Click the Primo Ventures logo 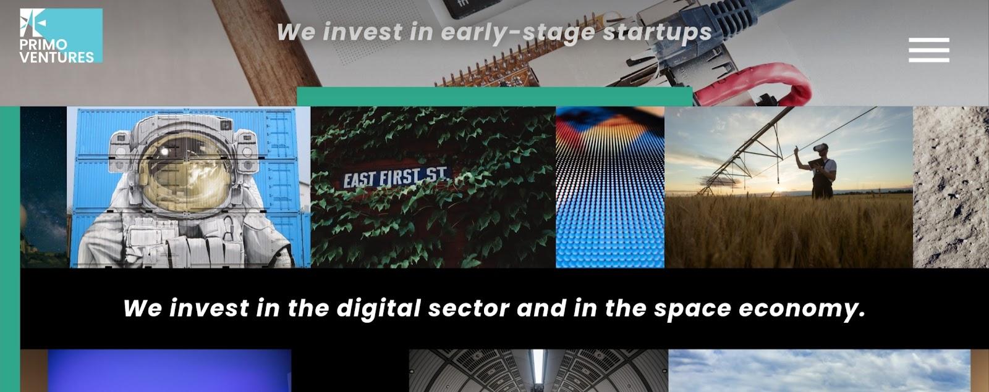[x=61, y=36]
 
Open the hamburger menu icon [x=929, y=50]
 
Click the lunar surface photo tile [x=951, y=187]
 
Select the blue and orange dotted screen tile [x=610, y=187]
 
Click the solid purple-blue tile [x=169, y=370]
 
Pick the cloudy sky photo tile [x=820, y=370]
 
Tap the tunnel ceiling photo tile [x=538, y=370]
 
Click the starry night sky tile [x=44, y=187]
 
